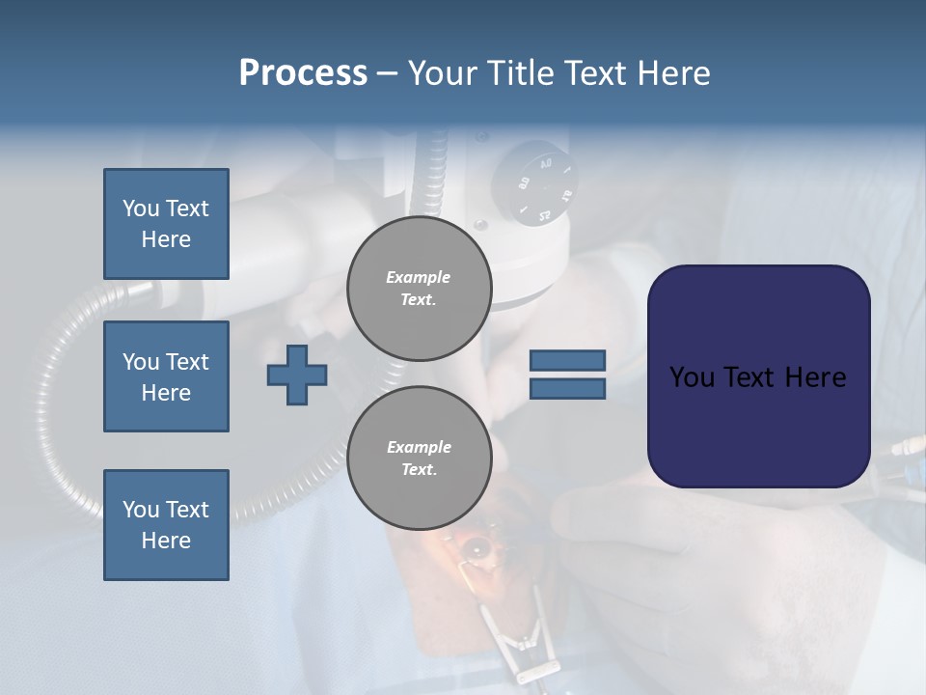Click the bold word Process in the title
[303, 73]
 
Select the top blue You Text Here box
[166, 224]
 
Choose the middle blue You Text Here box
[166, 376]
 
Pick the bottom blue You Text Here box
[166, 525]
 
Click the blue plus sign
[297, 375]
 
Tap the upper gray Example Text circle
[419, 289]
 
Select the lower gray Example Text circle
[419, 459]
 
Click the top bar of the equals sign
[567, 360]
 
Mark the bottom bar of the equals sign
[567, 389]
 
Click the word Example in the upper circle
[419, 277]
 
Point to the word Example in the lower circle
[419, 447]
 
